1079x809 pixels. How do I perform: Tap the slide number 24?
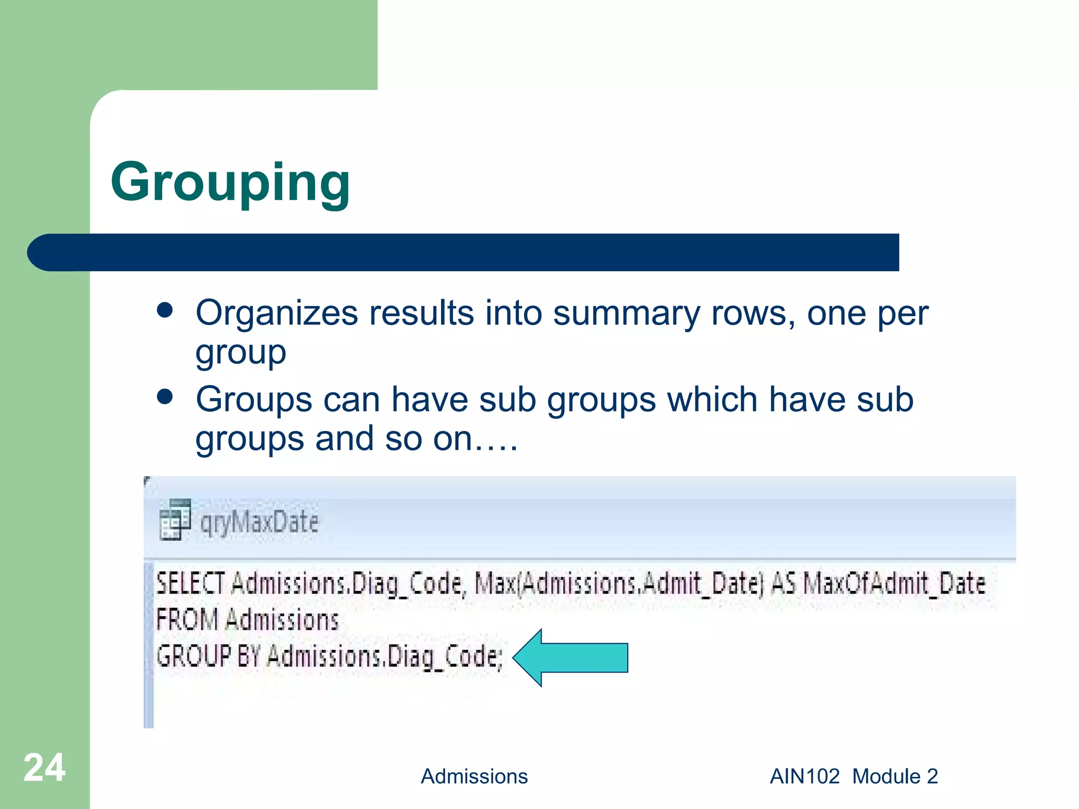tap(44, 768)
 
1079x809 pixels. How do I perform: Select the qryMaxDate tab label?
tap(259, 522)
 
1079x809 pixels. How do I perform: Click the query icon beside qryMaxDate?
tap(175, 519)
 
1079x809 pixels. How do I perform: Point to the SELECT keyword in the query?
tap(190, 584)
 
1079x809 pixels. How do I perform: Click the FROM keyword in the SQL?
tap(187, 619)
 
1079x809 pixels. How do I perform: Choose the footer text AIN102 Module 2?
tap(854, 776)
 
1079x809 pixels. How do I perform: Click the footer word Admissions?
tap(474, 776)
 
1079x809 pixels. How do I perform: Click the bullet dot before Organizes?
tap(165, 310)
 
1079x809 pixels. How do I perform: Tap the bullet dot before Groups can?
tap(165, 397)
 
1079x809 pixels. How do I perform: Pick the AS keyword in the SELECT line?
tap(783, 584)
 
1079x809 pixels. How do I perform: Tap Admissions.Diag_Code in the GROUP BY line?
tap(385, 657)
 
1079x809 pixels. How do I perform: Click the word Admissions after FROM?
tap(282, 619)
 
